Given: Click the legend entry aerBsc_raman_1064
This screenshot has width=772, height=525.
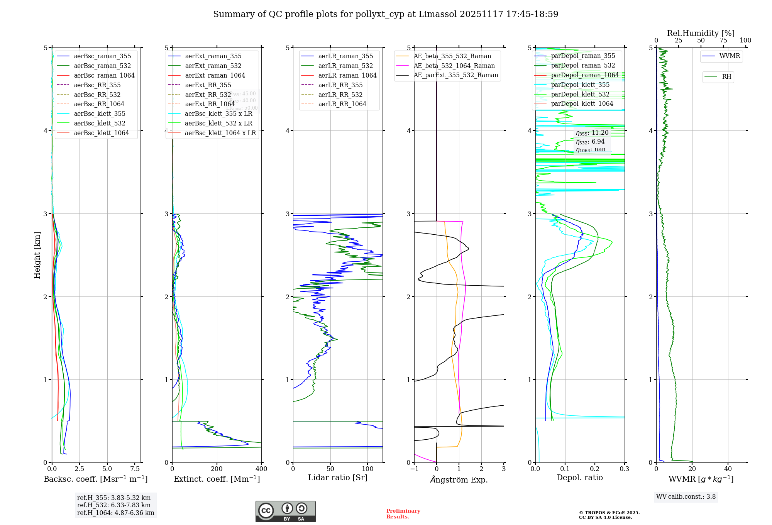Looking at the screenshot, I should pos(104,75).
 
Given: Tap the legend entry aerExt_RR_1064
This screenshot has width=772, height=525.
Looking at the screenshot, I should pos(210,104).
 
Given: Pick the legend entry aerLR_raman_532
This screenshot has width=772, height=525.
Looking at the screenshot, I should pos(345,66).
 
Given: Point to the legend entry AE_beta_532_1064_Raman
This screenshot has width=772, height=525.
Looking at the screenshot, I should pos(454,66).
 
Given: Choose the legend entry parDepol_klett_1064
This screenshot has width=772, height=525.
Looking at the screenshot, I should pos(582,103).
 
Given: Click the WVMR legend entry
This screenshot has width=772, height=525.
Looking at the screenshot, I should pos(730,56).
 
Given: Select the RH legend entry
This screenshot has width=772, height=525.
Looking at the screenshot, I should pos(726,77).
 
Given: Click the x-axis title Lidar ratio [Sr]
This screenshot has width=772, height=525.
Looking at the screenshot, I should pos(338,478).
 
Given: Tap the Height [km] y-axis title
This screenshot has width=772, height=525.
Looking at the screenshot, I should pos(37,255).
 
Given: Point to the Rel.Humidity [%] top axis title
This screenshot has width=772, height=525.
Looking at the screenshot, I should pos(701,33).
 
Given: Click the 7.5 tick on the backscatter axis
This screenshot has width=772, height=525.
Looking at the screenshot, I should pos(135,469).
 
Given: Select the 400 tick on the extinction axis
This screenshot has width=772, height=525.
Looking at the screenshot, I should pos(261,469).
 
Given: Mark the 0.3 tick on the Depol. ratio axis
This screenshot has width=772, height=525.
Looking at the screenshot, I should pos(624,469).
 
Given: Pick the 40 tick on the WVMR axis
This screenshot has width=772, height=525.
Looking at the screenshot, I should pos(728,469).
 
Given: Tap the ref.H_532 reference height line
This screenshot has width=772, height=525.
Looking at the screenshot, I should pos(114,505).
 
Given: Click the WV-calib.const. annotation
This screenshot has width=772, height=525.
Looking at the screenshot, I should pos(686,497).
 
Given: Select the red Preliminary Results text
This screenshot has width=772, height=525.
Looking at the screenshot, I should pos(403,514).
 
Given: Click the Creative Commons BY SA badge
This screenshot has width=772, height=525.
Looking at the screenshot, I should pos(285,511).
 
